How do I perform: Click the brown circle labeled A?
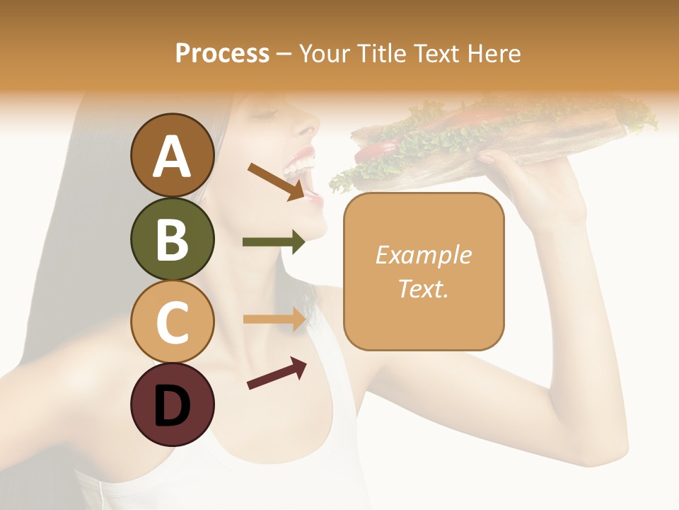click(172, 156)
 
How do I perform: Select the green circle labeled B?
click(172, 239)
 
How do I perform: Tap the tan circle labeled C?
click(172, 322)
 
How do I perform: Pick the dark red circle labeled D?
click(172, 405)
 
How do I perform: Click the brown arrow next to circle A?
click(276, 181)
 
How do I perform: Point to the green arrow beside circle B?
click(274, 242)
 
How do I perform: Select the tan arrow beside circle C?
click(274, 319)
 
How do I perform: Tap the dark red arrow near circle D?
click(277, 373)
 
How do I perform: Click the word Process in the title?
click(222, 53)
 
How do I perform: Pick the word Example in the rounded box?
click(423, 255)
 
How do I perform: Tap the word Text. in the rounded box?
click(423, 288)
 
